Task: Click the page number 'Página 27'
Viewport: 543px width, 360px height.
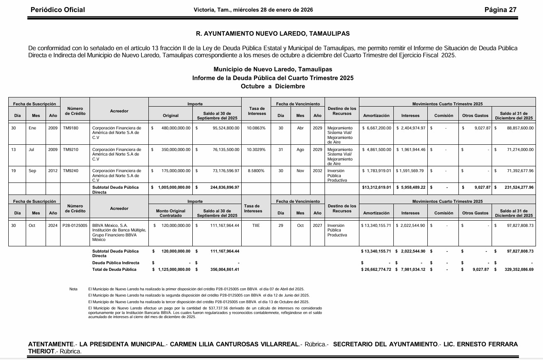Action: [x=500, y=10]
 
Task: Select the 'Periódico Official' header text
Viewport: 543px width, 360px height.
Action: [x=58, y=10]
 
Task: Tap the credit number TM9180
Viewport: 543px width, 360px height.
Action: [x=70, y=128]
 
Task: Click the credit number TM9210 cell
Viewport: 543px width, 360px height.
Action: [x=70, y=149]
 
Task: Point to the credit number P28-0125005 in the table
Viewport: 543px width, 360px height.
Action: [x=75, y=226]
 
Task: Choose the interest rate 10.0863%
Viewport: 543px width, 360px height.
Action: [x=256, y=128]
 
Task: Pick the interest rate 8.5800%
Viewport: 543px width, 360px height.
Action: [x=256, y=170]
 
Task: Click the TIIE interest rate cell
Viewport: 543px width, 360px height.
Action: [x=256, y=226]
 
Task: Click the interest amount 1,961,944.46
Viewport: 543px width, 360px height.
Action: [x=411, y=149]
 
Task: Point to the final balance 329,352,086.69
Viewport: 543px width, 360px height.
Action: [x=516, y=270]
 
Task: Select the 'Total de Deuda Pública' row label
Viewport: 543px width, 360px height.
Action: [x=114, y=270]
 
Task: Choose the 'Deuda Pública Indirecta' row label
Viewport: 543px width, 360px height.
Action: [x=116, y=263]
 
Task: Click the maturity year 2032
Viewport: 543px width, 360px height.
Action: [x=317, y=170]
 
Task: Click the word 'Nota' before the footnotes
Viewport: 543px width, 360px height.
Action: [x=73, y=289]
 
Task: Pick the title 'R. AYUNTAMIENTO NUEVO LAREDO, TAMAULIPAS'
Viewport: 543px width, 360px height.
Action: [x=273, y=34]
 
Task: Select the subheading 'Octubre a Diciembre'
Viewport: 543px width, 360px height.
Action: [x=273, y=86]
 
